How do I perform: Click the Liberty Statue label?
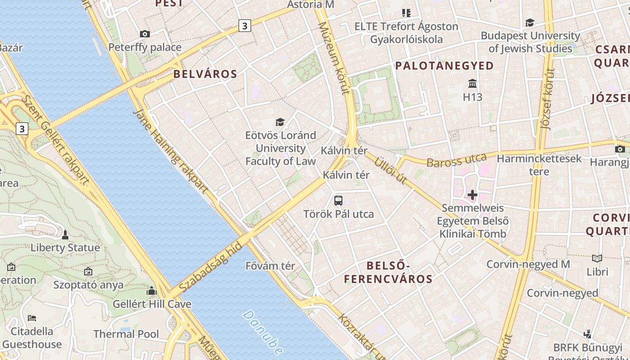point(65,247)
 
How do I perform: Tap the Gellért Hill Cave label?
point(152,304)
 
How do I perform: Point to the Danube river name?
point(263,332)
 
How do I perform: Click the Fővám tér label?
point(270,266)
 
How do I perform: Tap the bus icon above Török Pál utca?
point(338,201)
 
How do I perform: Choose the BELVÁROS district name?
point(205,74)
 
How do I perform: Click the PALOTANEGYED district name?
point(444,66)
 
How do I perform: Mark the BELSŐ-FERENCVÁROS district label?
point(388,272)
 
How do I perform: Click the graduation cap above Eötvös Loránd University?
point(280,122)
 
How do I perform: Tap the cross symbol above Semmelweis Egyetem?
point(472,195)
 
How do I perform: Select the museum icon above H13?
point(472,84)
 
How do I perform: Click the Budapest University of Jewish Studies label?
point(530,42)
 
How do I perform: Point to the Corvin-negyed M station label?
point(528,264)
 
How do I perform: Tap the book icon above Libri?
point(597,259)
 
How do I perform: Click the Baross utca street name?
point(456,160)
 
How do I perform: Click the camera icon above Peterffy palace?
point(144,34)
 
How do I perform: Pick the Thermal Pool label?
point(126,334)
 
